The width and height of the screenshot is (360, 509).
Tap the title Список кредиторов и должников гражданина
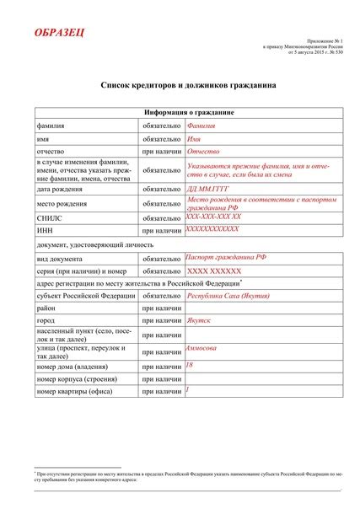180,86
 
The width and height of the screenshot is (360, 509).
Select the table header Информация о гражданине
177,112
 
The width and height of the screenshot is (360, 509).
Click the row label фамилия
51,125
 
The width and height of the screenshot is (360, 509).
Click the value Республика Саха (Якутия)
229,297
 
